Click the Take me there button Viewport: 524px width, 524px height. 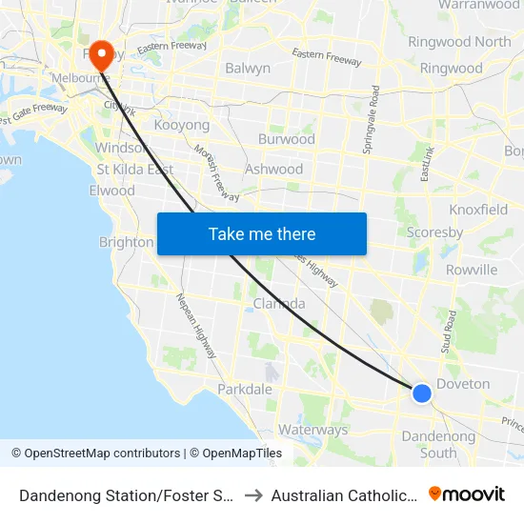tap(261, 234)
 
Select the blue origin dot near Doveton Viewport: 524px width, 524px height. tap(421, 392)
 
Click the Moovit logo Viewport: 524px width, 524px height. tap(467, 494)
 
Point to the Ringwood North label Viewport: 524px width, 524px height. tap(459, 42)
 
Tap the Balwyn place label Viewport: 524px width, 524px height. tap(248, 69)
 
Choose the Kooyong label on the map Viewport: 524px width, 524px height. tap(181, 125)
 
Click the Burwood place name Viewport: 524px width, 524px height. tap(286, 139)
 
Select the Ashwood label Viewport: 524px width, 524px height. tap(273, 169)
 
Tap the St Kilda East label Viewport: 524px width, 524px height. tap(134, 170)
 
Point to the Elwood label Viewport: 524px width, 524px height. tap(112, 191)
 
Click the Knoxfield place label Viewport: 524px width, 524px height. tap(478, 210)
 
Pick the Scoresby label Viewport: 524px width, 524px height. tap(434, 232)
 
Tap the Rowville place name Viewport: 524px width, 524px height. tap(471, 270)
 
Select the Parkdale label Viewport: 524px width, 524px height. tap(245, 389)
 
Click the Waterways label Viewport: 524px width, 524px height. tap(313, 430)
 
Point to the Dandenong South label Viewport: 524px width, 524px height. tap(439, 445)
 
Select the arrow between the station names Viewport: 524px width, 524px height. tap(253, 494)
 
